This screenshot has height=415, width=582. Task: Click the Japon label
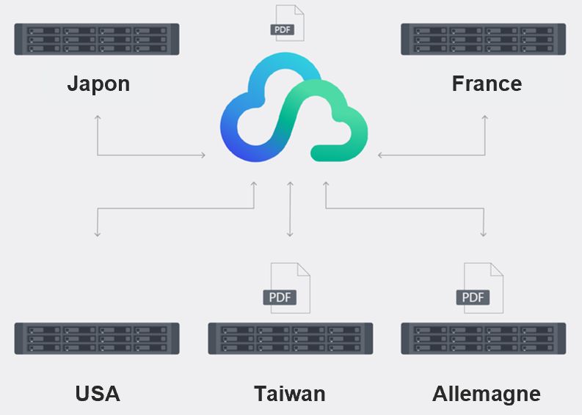[x=98, y=84]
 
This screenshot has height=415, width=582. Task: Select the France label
[x=487, y=84]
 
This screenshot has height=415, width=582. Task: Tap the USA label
[x=98, y=394]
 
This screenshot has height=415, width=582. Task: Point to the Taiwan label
[x=290, y=394]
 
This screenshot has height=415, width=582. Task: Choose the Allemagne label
[x=487, y=394]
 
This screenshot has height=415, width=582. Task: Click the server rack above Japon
[x=97, y=39]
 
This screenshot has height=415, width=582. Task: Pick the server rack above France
[x=483, y=39]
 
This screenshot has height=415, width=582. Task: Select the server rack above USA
[x=97, y=339]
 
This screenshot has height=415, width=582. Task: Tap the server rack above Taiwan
[x=290, y=339]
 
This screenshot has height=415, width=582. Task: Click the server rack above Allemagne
[x=483, y=339]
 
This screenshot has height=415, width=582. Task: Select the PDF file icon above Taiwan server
[x=288, y=288]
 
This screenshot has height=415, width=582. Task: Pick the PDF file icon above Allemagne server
[x=481, y=288]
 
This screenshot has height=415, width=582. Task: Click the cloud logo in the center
[x=294, y=110]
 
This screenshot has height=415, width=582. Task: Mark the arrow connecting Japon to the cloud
[x=132, y=155]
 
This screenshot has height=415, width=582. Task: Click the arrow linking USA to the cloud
[x=176, y=208]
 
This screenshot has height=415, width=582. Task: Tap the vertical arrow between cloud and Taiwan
[x=290, y=209]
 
